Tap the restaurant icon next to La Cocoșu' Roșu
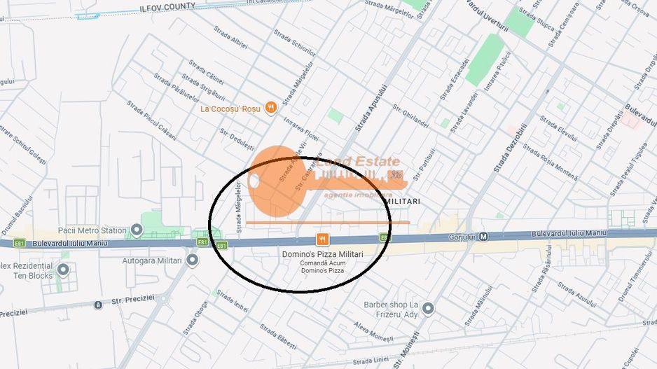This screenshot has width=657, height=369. point(270,109)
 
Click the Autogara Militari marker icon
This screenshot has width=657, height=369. point(193,260)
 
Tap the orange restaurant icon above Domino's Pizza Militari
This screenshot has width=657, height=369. point(322,239)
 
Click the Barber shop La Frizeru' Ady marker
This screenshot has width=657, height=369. point(428,309)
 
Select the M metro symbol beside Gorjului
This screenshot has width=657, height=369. point(483,237)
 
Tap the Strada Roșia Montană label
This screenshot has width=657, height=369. point(551,160)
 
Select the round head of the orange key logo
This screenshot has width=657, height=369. point(275,181)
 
